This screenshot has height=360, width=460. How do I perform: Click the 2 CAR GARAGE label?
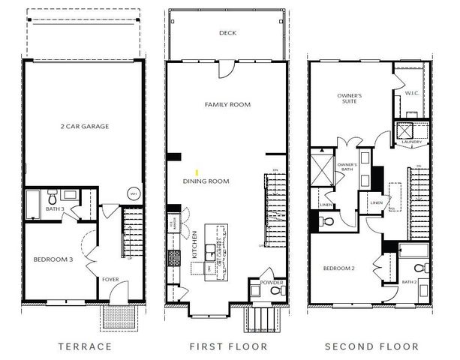tap(84, 127)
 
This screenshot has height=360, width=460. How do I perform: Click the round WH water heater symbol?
tap(134, 193)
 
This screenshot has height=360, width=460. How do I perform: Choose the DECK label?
tap(227, 33)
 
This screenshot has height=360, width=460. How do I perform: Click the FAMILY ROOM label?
tap(227, 104)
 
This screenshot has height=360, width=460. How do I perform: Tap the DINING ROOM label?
tap(206, 181)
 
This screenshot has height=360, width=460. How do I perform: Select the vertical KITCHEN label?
tap(194, 244)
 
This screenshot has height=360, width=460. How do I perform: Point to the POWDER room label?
tap(272, 283)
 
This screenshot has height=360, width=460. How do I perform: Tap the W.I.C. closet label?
tap(411, 94)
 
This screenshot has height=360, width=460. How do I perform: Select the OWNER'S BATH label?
tap(346, 166)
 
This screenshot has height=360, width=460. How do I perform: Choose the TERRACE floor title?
tap(85, 346)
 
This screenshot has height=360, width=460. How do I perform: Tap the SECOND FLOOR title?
tap(371, 346)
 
